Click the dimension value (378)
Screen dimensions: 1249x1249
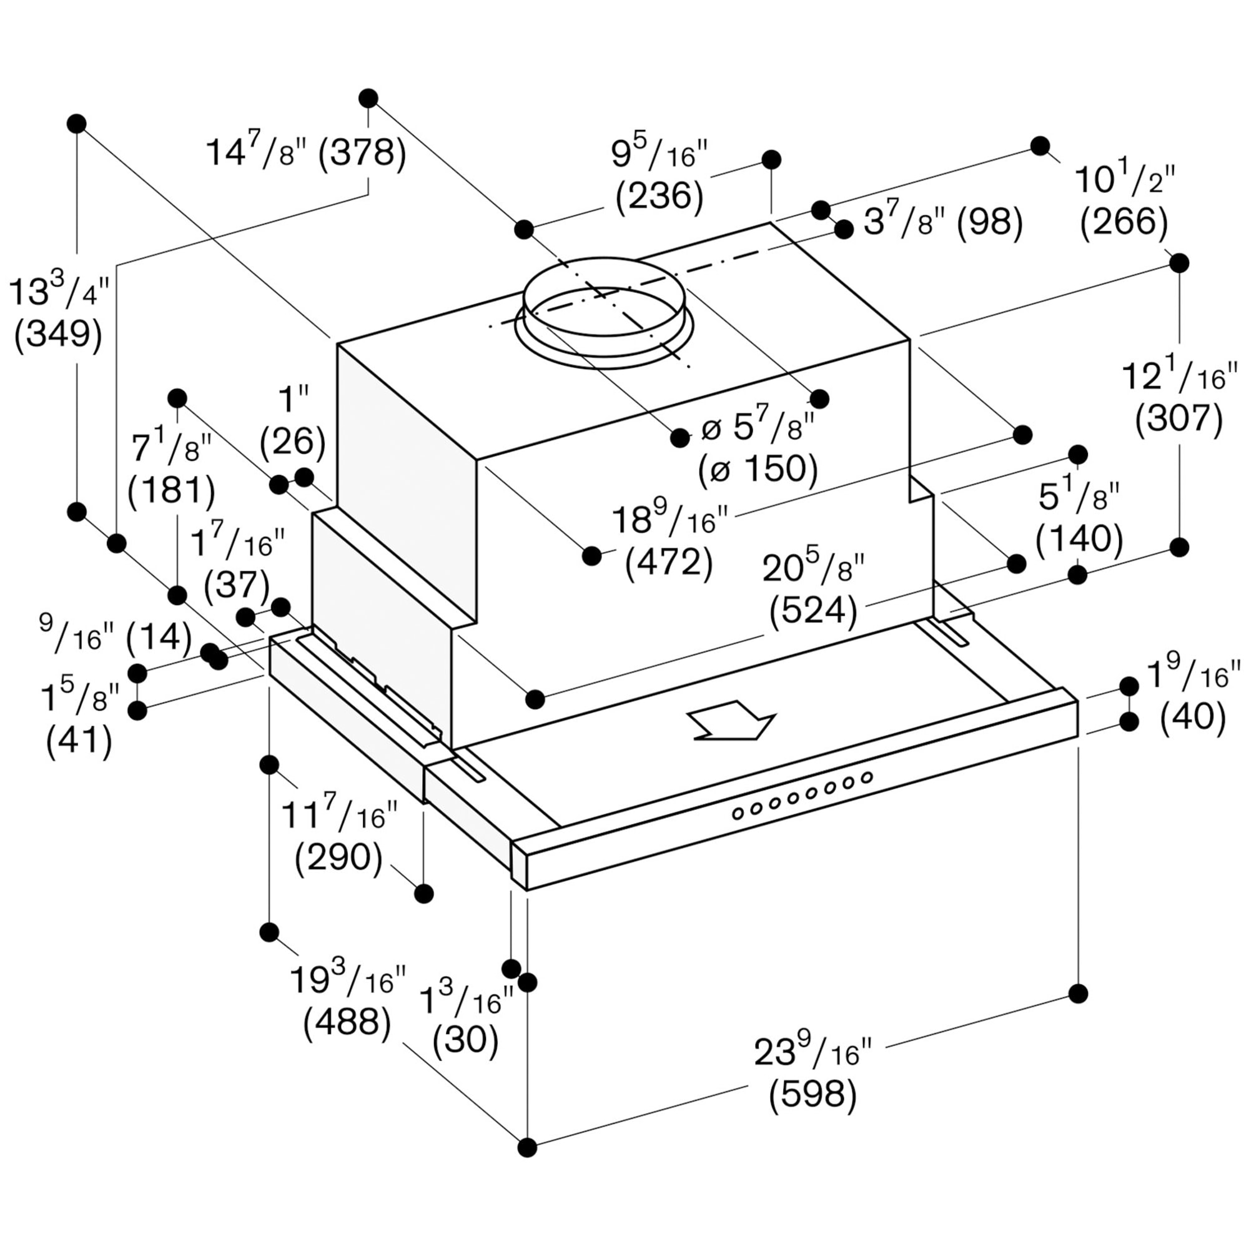pos(363,154)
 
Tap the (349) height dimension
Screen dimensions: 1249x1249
pos(58,335)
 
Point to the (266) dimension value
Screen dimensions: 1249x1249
pos(1124,223)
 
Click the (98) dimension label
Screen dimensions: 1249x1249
pos(990,223)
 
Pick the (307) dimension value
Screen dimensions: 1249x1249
pos(1178,420)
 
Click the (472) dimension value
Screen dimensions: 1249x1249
pos(669,563)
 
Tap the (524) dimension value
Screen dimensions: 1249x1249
pos(813,610)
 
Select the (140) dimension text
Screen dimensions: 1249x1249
pos(1079,538)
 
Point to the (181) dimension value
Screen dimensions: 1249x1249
pos(171,490)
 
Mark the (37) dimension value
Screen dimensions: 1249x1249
pos(237,585)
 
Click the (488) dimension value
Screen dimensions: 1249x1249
pos(347,1024)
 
